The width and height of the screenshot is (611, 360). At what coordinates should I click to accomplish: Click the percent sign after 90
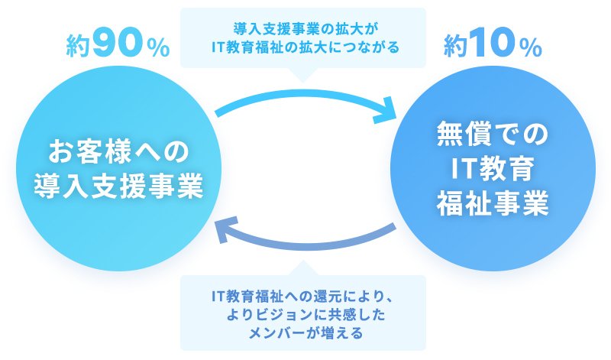158,48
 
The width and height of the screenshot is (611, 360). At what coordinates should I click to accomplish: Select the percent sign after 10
530,48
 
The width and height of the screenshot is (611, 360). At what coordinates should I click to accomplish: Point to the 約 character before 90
79,46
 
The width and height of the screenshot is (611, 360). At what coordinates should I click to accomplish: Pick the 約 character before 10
455,46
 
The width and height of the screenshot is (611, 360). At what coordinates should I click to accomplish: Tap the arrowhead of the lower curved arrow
227,229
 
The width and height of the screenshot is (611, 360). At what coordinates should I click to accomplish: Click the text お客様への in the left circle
119,151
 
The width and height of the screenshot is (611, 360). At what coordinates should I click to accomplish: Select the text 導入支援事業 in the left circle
119,186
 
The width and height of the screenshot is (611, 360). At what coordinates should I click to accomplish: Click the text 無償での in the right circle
493,134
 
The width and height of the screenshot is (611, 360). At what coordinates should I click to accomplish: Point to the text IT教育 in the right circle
493,168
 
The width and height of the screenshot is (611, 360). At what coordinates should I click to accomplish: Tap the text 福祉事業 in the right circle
493,203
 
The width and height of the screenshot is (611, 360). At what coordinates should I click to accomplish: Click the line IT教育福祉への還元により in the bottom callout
302,297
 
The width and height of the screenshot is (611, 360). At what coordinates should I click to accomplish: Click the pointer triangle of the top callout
302,74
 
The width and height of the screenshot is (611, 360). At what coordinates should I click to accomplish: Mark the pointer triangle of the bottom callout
302,268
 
